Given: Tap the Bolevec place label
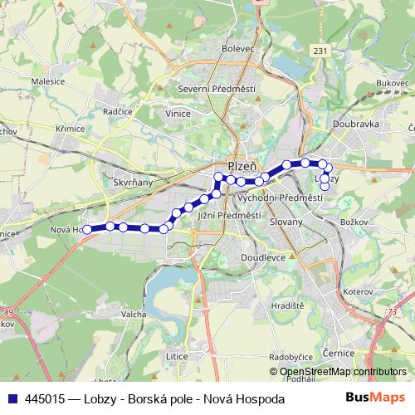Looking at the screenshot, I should pos(237,49).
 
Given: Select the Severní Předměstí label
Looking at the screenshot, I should pos(217,89).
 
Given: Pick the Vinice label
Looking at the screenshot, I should pos(178,113).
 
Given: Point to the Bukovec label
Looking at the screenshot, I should pos(392,83).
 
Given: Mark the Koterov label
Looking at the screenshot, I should pos(359,292).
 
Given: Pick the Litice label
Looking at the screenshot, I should pos(177,355).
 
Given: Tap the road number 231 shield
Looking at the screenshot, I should pos(320,51).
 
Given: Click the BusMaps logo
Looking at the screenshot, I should pos(377,398).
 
